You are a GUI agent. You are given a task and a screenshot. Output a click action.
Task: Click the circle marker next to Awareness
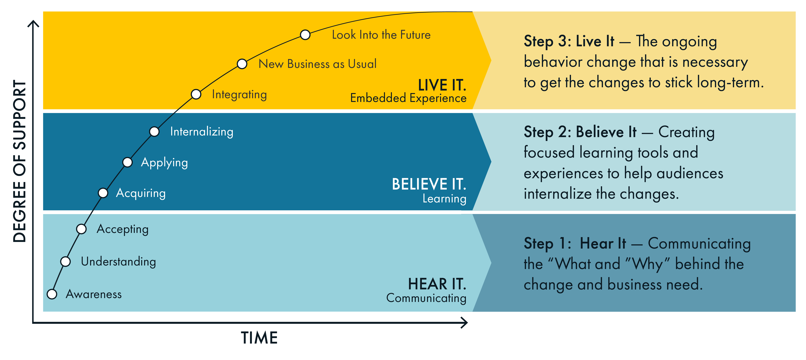(52, 294)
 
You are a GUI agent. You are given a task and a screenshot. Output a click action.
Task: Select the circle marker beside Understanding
(65, 261)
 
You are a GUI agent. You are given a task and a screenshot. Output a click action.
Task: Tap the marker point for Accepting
(81, 229)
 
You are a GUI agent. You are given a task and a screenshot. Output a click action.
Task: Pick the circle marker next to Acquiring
(103, 193)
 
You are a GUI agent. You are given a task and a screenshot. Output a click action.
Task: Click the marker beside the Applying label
(127, 162)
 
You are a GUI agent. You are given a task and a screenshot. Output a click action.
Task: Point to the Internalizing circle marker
(154, 131)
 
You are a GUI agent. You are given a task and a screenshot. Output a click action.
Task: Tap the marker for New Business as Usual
(242, 64)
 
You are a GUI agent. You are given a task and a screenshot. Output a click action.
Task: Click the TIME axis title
(259, 338)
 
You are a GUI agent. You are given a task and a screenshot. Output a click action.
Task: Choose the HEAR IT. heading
(437, 284)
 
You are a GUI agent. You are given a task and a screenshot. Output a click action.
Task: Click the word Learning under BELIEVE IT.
(444, 199)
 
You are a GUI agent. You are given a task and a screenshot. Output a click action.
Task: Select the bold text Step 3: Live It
(569, 41)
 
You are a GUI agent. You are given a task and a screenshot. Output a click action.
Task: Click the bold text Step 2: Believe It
(580, 132)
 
